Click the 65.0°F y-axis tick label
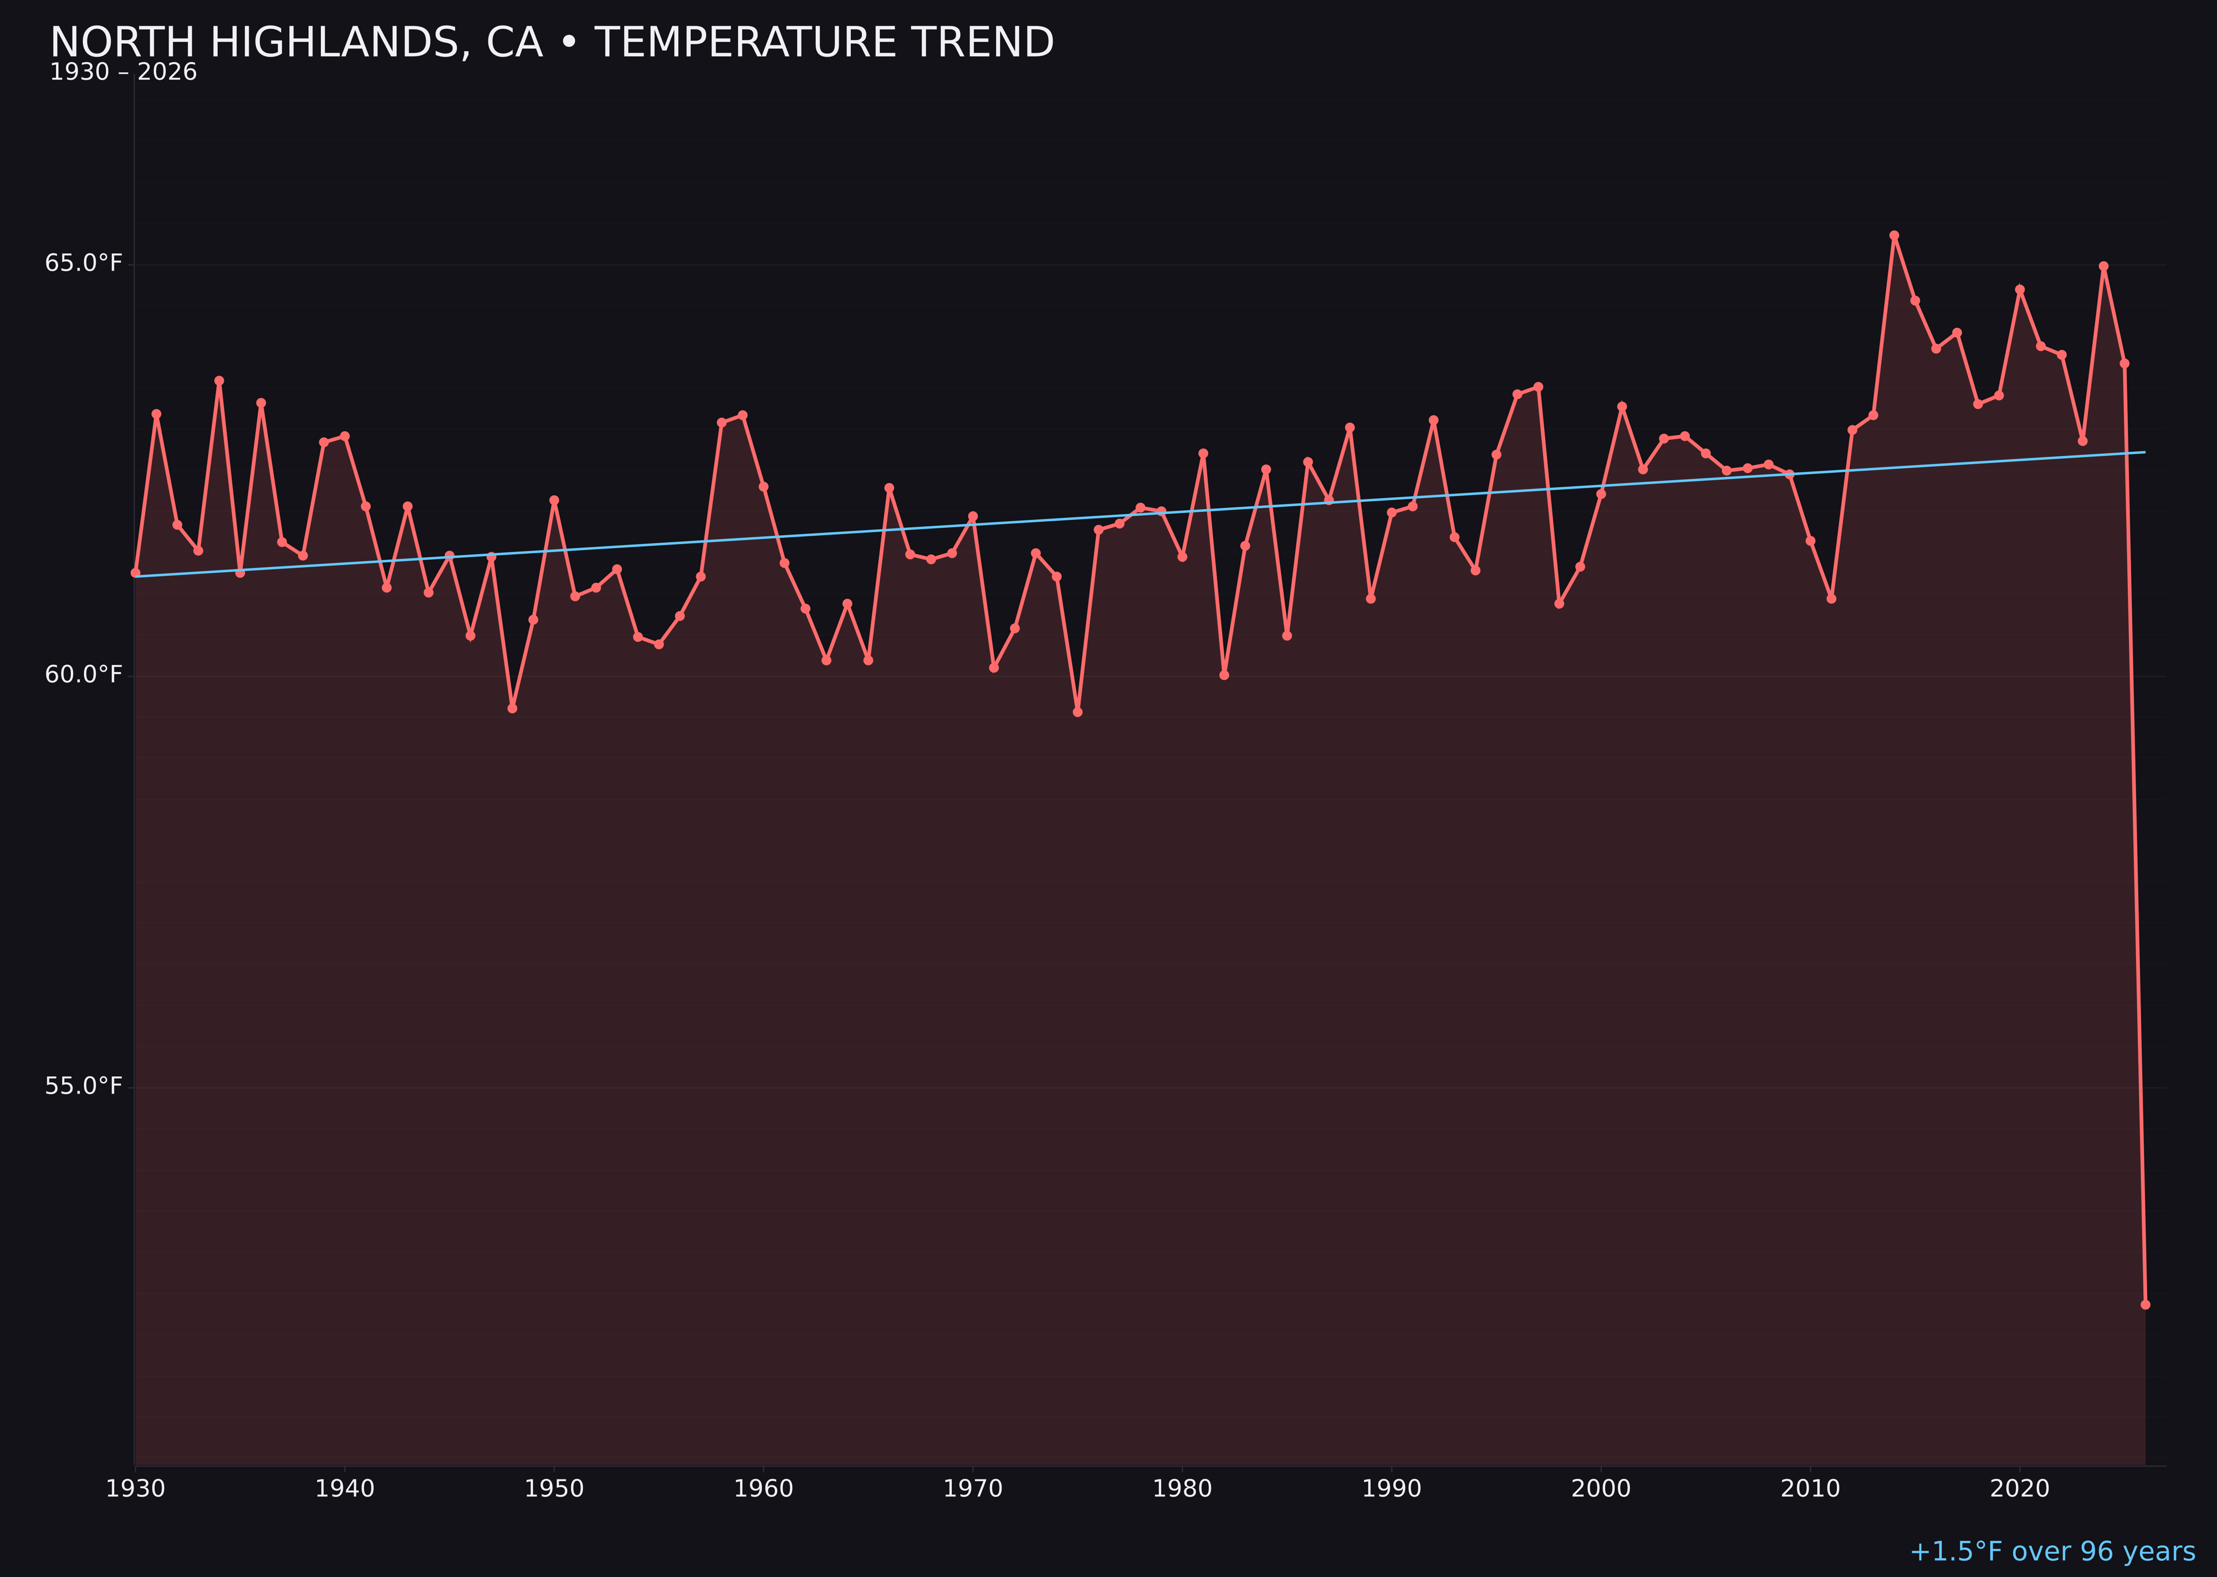click(x=84, y=263)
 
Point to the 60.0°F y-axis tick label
click(x=84, y=675)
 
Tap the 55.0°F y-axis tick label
click(x=84, y=1086)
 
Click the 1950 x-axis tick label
click(x=554, y=1489)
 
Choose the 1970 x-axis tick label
click(x=973, y=1489)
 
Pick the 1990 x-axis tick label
click(x=1391, y=1489)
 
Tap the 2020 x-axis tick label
click(x=2019, y=1489)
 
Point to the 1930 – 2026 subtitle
click(x=123, y=73)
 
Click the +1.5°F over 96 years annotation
click(x=2052, y=1551)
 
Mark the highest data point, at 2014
click(x=1894, y=235)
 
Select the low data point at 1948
click(x=513, y=709)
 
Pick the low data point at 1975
click(x=1077, y=713)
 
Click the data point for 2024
click(x=2103, y=266)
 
